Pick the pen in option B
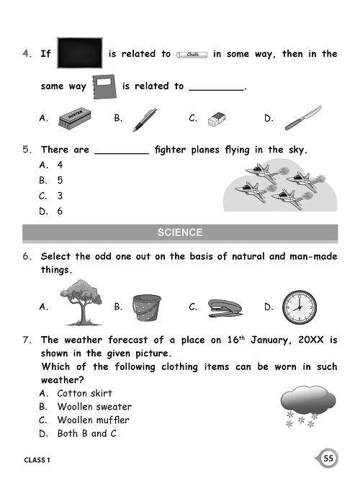pos(145,119)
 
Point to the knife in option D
pos(302,117)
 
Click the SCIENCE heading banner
pos(180,232)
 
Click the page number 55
pos(328,458)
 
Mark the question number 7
pos(27,340)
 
